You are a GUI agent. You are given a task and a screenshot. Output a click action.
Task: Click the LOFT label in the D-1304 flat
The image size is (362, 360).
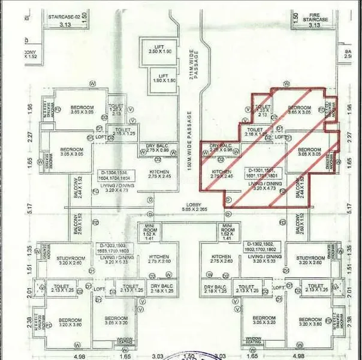coord(101,137)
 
